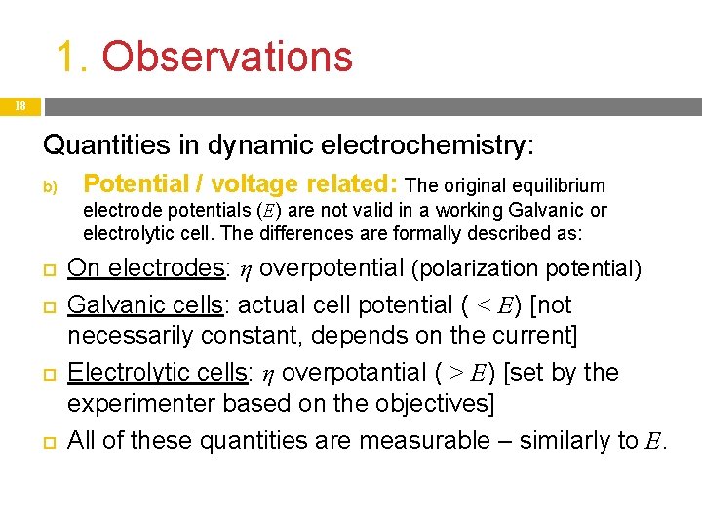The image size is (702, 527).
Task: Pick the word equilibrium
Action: click(558, 185)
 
